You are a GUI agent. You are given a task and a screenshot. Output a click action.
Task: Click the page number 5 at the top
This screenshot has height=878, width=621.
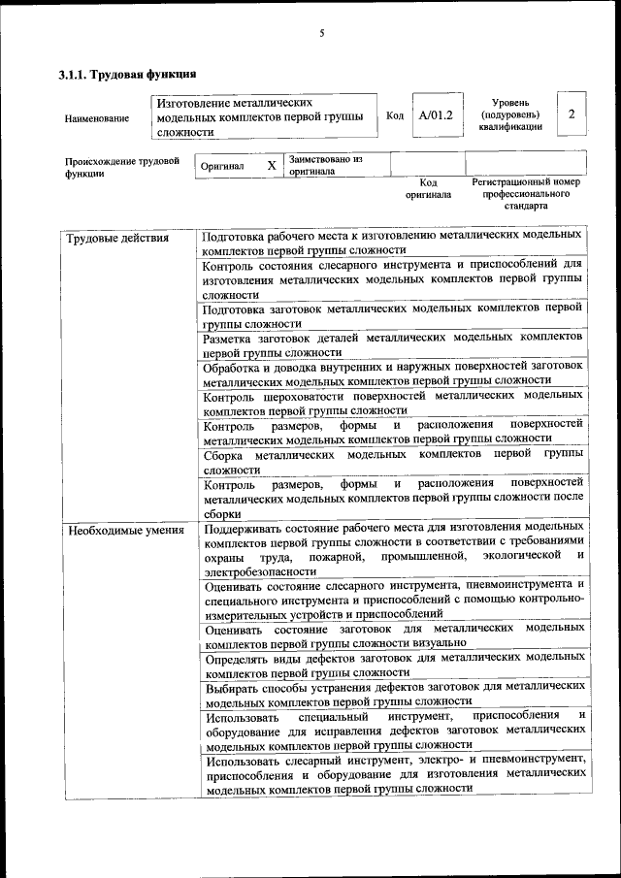click(321, 34)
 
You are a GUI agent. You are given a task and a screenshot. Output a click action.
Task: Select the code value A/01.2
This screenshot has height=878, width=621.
click(436, 116)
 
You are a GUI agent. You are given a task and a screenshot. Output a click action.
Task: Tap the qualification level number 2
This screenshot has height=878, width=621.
click(572, 114)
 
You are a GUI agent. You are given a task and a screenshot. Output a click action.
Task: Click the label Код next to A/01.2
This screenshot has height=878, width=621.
click(395, 116)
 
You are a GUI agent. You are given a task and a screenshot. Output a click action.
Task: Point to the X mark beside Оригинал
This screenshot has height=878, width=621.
click(272, 166)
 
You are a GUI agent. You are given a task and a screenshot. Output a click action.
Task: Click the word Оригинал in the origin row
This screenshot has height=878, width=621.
click(222, 167)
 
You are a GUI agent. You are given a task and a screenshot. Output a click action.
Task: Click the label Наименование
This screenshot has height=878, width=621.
click(97, 118)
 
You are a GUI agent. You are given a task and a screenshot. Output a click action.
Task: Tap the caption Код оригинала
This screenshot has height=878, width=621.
click(428, 188)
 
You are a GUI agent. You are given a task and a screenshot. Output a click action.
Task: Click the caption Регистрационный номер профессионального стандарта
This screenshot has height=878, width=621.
click(525, 194)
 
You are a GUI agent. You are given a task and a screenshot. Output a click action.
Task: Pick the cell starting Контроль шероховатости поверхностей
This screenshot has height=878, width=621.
click(392, 403)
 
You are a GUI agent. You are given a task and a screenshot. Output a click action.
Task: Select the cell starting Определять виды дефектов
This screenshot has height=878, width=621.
click(392, 665)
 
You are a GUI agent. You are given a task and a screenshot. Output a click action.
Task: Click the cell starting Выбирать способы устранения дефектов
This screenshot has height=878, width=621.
click(392, 694)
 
